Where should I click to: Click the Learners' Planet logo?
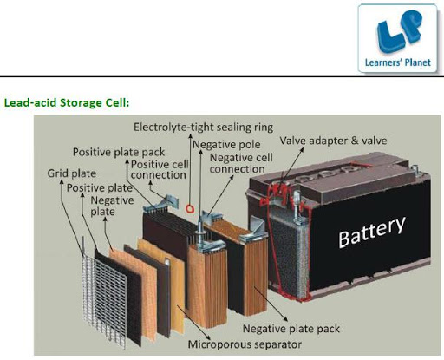click(397, 38)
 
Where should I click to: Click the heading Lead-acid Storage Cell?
click(67, 102)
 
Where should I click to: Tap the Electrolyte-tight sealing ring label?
click(203, 128)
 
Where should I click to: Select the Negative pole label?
click(226, 144)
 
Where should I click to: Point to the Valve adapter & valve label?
click(333, 141)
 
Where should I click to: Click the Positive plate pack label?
click(119, 152)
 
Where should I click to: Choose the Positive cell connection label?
click(159, 169)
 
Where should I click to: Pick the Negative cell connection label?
click(241, 163)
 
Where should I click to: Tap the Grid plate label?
click(71, 173)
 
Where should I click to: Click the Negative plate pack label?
click(291, 329)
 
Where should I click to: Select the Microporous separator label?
click(245, 344)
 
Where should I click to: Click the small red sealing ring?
click(189, 209)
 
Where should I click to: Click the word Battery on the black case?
click(372, 232)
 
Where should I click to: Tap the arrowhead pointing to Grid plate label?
click(62, 182)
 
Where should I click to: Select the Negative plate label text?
click(112, 206)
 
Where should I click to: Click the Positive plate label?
click(100, 188)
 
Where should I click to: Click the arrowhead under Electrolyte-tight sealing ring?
click(190, 136)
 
